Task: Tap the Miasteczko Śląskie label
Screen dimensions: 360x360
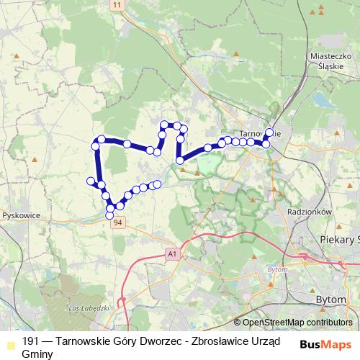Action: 328,58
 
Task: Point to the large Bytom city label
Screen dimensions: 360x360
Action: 332,297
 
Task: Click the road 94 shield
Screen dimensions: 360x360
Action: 117,222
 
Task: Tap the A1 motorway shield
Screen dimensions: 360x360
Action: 170,253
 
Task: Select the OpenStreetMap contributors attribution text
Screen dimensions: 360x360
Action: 297,322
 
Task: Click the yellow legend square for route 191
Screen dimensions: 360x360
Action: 8,342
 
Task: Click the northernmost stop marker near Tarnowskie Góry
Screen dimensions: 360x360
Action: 269,132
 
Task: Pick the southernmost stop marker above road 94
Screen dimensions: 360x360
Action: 110,215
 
